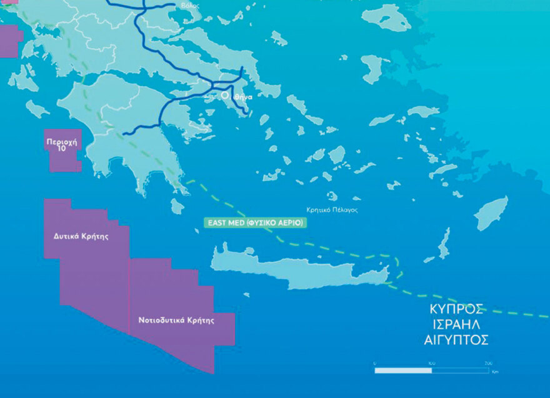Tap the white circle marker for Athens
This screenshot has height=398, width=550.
tap(225, 96)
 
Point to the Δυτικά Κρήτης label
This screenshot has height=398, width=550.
tap(81, 237)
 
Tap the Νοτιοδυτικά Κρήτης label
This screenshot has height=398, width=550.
tap(176, 320)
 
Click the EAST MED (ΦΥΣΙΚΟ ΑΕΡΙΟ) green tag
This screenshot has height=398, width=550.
tap(256, 222)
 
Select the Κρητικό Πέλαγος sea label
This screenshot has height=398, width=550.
tap(332, 210)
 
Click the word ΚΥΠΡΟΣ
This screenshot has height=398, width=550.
tap(457, 309)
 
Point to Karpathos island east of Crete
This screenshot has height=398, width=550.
tap(444, 244)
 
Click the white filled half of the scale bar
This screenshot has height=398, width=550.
tap(402, 371)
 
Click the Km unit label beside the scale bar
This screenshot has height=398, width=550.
tap(495, 371)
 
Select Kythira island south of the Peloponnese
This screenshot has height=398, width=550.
tap(177, 206)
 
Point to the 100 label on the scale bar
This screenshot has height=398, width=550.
tap(431, 363)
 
